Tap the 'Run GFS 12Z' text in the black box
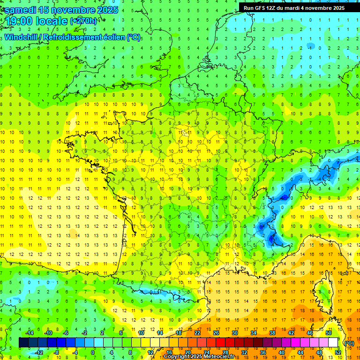click(261, 8)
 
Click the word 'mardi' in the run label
click(297, 8)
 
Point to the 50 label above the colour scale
click(329, 333)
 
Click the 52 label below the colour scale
click(338, 352)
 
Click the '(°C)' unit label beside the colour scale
click(349, 343)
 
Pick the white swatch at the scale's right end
click(333, 343)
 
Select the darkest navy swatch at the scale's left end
click(23, 343)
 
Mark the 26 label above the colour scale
click(216, 333)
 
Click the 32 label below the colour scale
click(244, 352)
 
